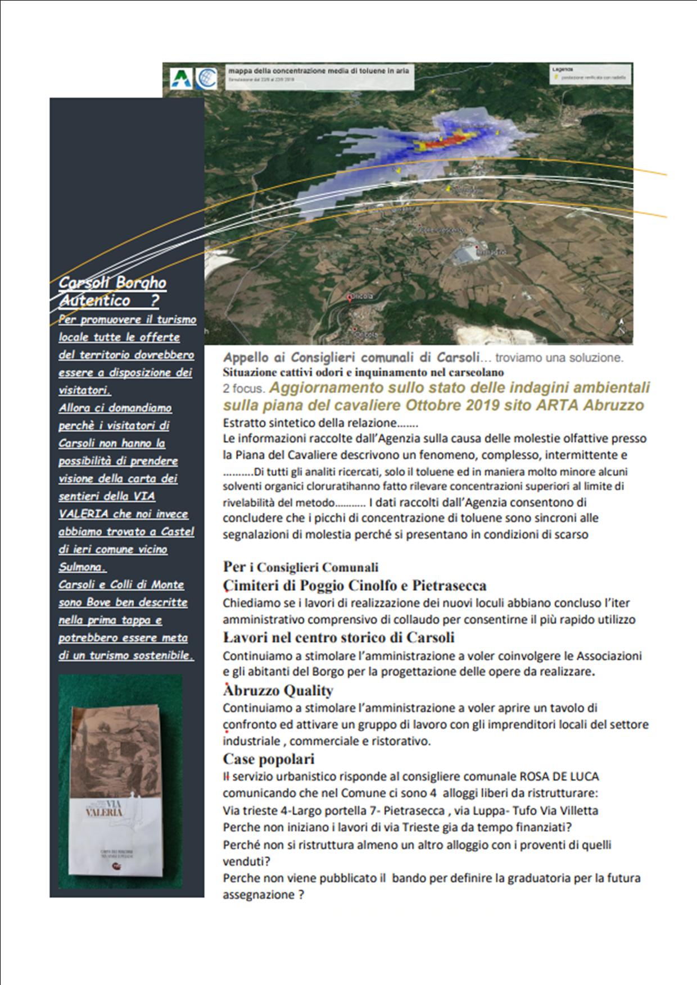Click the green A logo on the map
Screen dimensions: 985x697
tap(180, 77)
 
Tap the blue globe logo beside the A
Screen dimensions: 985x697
tap(206, 78)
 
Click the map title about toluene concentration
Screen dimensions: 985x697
tap(318, 71)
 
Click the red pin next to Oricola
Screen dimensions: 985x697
tap(350, 298)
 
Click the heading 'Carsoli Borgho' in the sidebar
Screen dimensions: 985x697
tap(112, 282)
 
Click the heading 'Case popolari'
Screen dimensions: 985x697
tap(268, 759)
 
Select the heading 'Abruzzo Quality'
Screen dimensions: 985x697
tap(278, 690)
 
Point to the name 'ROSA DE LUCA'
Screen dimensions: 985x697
tap(559, 777)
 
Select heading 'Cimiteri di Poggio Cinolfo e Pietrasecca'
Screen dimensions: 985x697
tap(355, 586)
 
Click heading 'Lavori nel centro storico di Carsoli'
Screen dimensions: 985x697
tap(339, 637)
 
